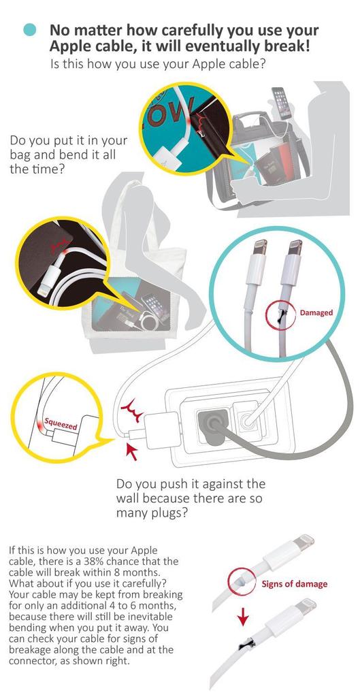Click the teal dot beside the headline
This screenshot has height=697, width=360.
point(30,30)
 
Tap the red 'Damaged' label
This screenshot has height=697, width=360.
point(316,312)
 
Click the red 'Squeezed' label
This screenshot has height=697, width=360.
point(61,423)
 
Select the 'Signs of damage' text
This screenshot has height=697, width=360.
point(294,583)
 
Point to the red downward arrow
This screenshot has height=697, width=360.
point(243,616)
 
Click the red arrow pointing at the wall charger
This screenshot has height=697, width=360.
point(132,451)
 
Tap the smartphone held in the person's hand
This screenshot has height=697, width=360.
point(279,103)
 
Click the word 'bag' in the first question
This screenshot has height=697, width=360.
point(20,156)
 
